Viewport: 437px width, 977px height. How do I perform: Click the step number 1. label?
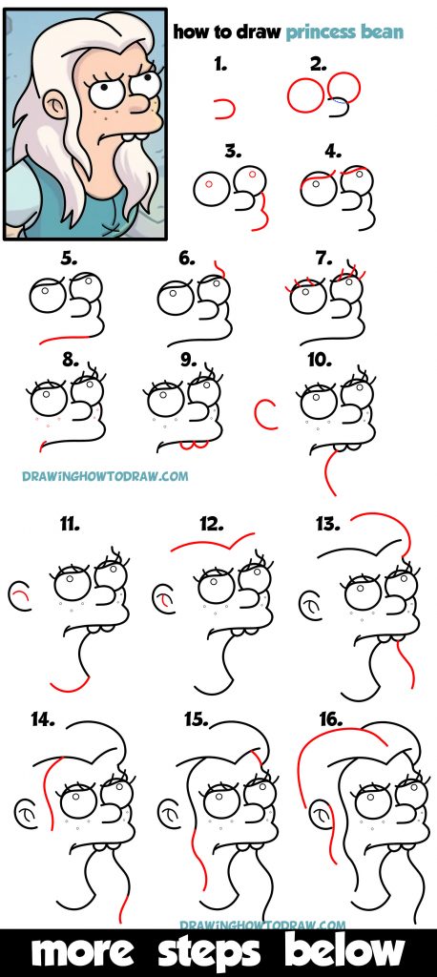(221, 66)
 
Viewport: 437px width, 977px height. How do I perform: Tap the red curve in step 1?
(226, 110)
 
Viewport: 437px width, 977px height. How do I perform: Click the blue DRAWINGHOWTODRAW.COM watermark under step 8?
(105, 475)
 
